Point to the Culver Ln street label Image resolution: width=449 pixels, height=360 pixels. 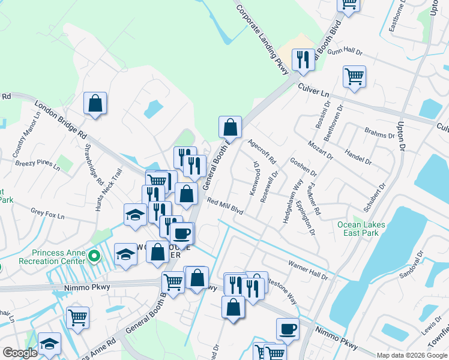314,91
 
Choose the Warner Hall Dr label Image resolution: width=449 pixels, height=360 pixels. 308,270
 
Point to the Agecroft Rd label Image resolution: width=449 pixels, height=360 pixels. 261,152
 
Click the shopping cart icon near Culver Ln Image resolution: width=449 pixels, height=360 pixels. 354,76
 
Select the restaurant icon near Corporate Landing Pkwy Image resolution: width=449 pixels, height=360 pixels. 301,59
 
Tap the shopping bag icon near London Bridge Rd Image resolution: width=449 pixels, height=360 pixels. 95,103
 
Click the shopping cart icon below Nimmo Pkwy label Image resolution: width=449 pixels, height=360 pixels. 77,317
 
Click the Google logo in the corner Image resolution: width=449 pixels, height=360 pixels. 20,353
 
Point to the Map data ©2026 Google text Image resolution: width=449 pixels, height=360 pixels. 412,355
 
